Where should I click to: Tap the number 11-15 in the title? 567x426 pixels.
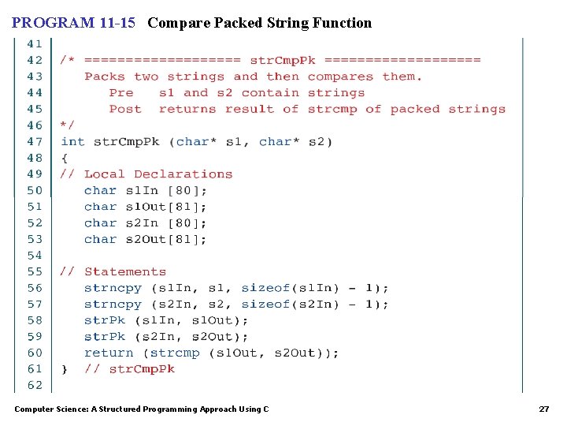(119, 23)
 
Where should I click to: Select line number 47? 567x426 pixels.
(35, 142)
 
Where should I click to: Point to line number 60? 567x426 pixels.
(35, 353)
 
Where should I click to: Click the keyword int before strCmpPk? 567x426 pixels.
(72, 142)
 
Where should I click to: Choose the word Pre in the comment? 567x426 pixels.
(121, 93)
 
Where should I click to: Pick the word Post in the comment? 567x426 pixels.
(125, 109)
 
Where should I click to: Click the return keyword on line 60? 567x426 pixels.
(109, 353)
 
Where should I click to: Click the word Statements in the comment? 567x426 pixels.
(125, 271)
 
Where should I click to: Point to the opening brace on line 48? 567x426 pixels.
(64, 158)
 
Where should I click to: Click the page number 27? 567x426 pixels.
(543, 409)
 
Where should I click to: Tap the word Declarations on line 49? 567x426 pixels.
(183, 174)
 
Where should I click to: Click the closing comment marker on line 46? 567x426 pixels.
(68, 125)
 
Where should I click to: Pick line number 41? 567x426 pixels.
(35, 44)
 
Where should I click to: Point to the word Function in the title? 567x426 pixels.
(341, 23)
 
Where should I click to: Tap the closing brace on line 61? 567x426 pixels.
(64, 368)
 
